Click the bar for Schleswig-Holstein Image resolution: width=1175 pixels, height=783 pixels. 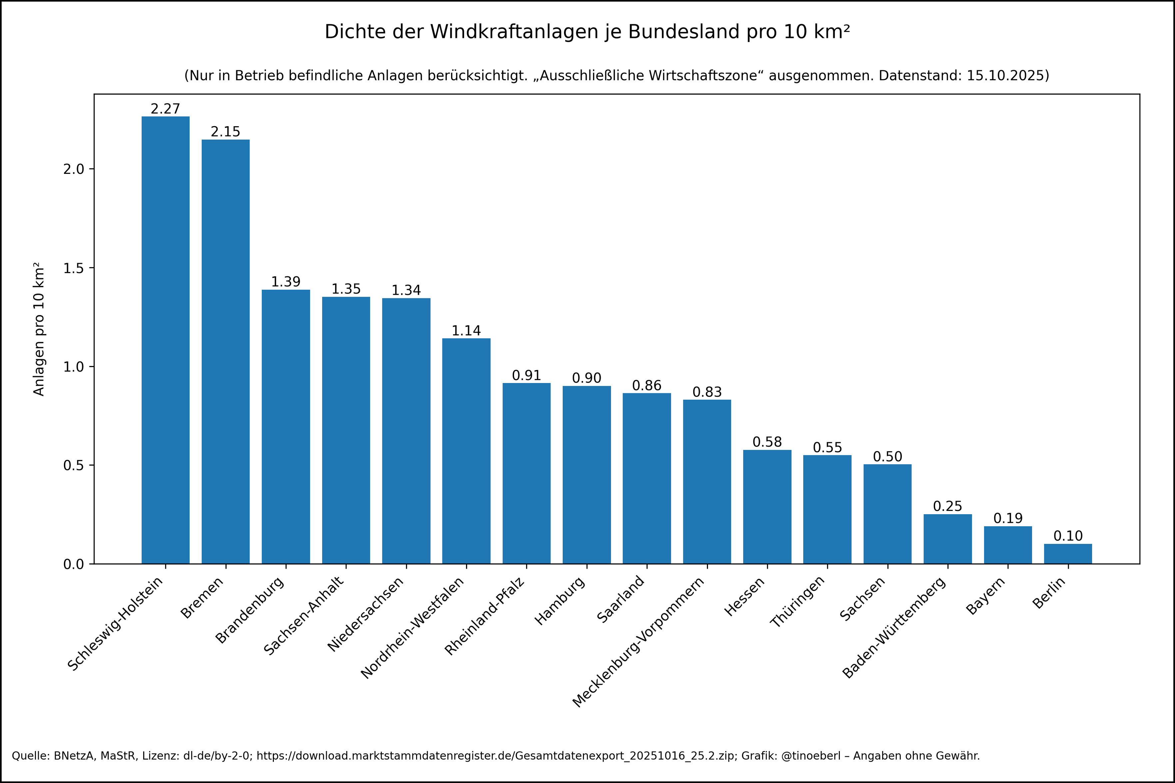click(x=165, y=340)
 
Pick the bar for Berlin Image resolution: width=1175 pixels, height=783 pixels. click(x=1068, y=554)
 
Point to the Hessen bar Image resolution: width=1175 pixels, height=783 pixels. click(x=767, y=507)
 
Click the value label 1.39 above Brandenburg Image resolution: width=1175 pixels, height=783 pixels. click(x=286, y=282)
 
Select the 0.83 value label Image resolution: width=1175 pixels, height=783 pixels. click(x=707, y=392)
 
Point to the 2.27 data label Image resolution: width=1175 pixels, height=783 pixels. click(x=165, y=109)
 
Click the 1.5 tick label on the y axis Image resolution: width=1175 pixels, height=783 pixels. click(x=73, y=268)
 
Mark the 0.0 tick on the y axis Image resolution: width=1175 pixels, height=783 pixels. click(x=73, y=564)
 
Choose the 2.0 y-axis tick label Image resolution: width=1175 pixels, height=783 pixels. click(x=73, y=169)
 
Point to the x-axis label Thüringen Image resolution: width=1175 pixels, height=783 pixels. click(x=798, y=602)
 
